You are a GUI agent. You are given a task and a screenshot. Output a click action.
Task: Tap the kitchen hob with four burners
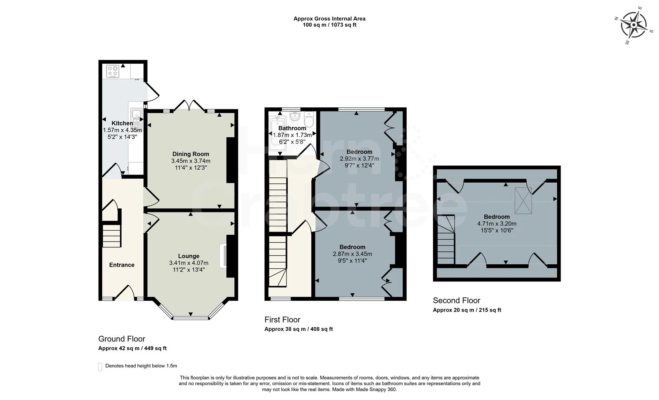click(113, 71)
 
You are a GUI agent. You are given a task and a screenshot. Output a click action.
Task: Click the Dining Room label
click(191, 154)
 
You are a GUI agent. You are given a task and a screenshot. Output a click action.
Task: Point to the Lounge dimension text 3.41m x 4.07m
click(189, 263)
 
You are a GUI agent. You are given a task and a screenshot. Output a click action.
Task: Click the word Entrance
click(122, 265)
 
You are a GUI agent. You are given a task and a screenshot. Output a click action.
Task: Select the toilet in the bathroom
click(309, 120)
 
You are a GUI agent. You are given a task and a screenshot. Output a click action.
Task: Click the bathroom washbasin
click(295, 117)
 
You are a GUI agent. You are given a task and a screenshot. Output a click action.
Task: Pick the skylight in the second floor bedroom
click(523, 200)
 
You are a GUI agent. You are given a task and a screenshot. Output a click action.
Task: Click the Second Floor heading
click(456, 300)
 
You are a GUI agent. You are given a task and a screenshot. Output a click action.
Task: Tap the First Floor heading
click(282, 320)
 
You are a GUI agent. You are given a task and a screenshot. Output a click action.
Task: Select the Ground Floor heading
click(122, 339)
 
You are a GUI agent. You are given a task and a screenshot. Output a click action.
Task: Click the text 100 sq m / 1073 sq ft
click(329, 25)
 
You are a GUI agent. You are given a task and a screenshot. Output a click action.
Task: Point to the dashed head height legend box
click(100, 366)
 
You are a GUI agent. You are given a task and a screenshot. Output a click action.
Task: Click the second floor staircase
click(446, 241)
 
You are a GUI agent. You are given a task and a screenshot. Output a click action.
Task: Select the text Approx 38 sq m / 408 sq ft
click(298, 329)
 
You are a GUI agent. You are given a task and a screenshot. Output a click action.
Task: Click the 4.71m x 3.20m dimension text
click(497, 223)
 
